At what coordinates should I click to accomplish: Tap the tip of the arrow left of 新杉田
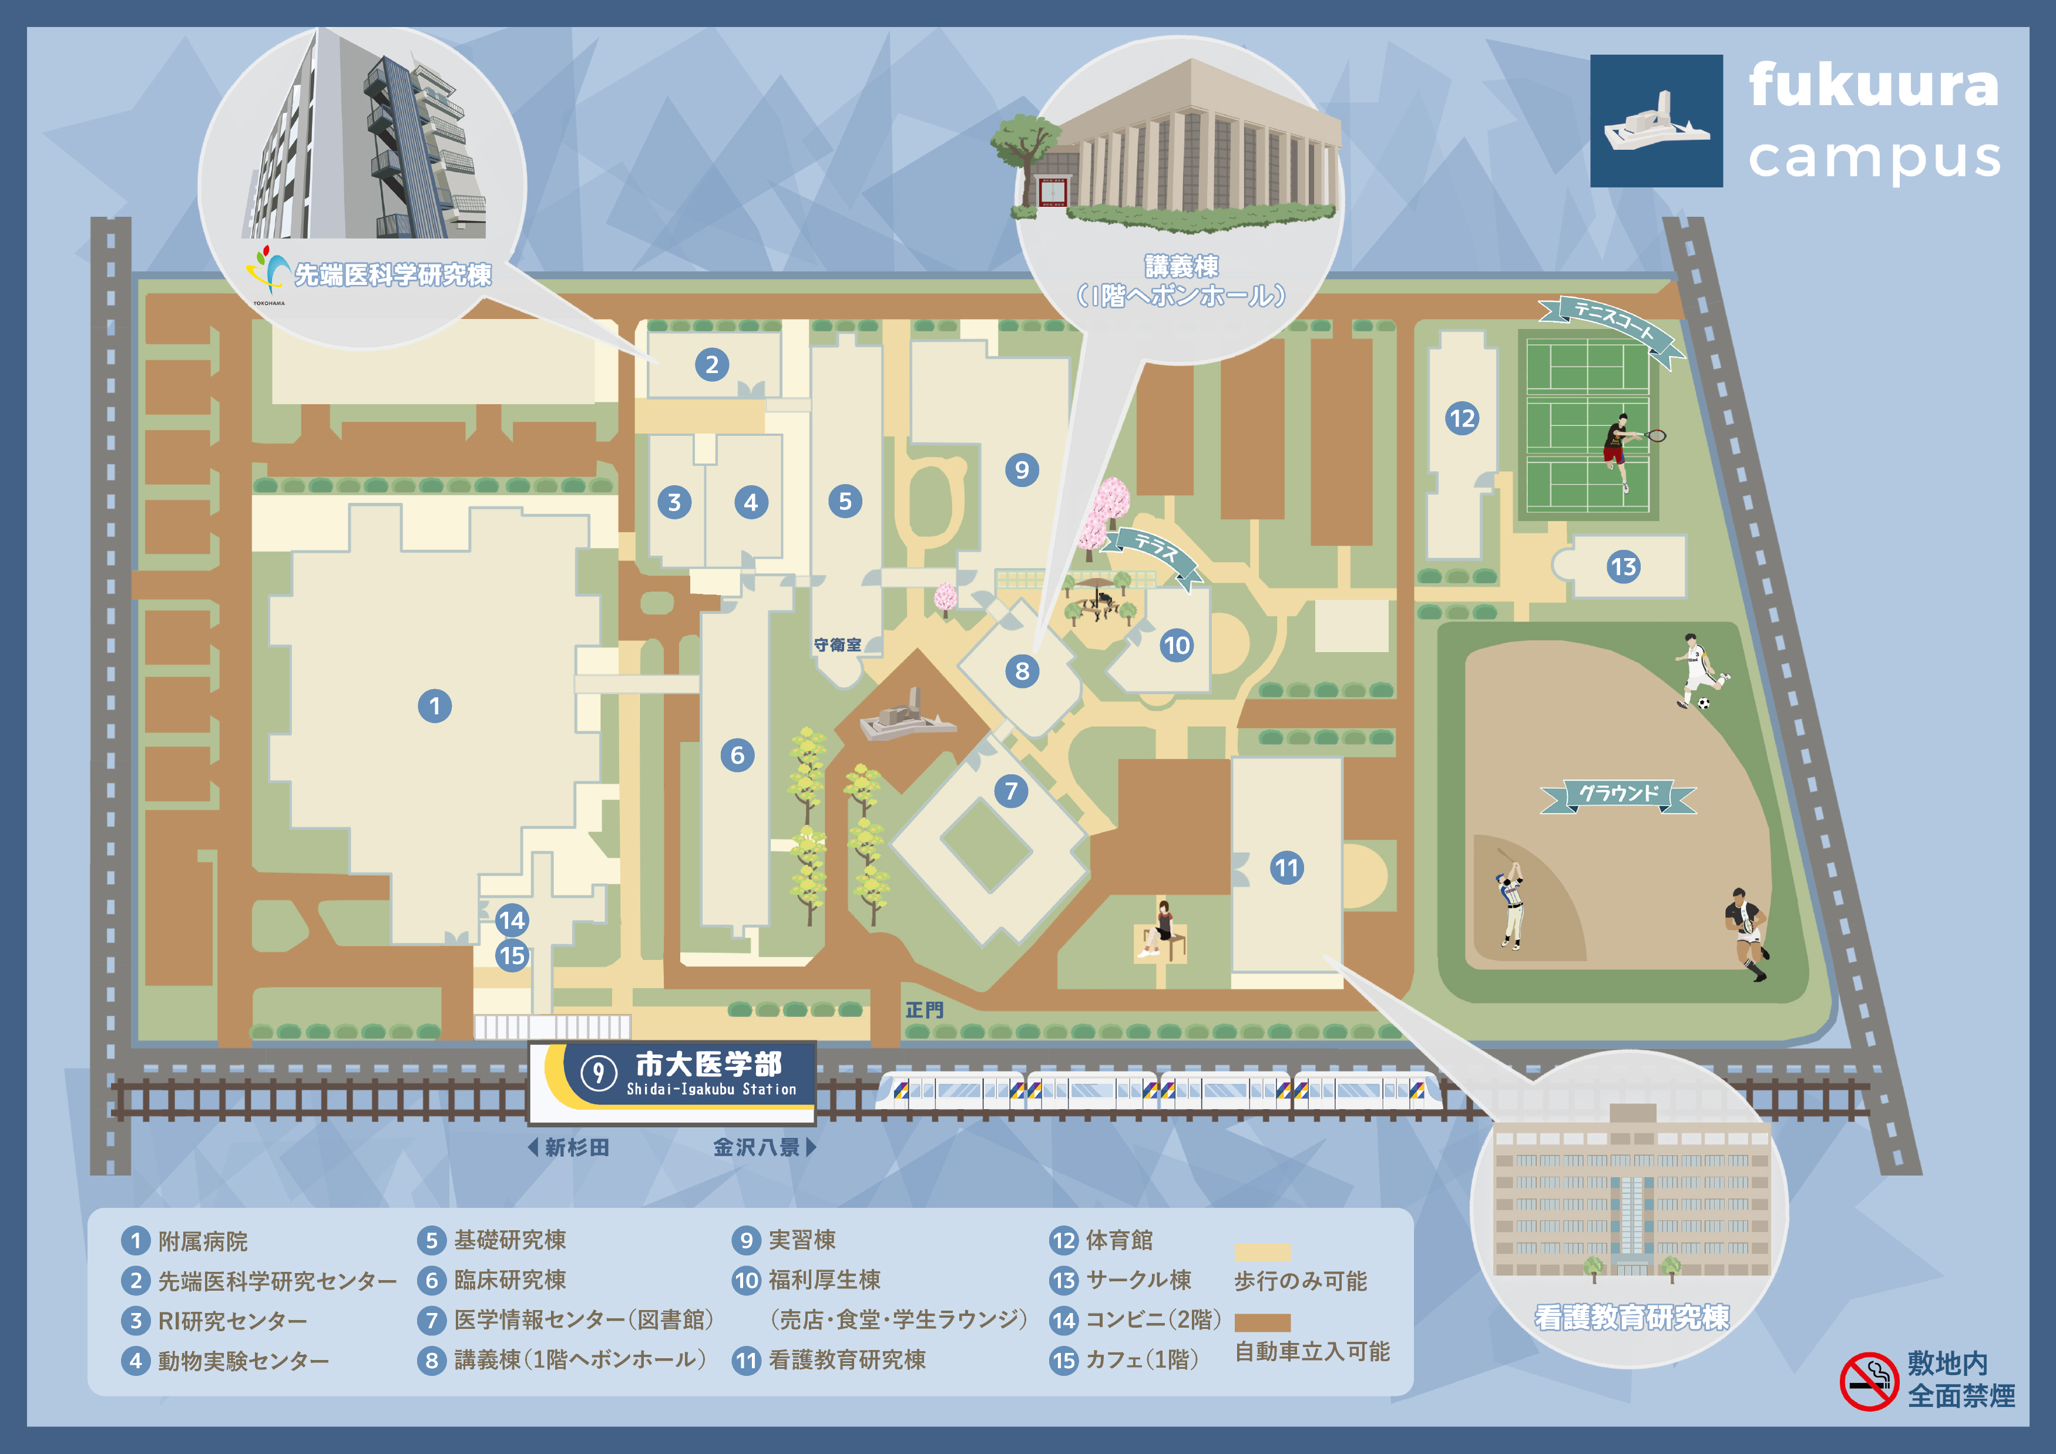click(529, 1147)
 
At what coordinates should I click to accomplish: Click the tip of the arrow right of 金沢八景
click(816, 1147)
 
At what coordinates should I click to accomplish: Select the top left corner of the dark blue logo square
click(1590, 55)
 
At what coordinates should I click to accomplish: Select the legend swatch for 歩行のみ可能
click(1262, 1252)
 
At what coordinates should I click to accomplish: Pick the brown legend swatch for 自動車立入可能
click(1262, 1322)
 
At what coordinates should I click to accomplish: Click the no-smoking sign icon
click(1869, 1382)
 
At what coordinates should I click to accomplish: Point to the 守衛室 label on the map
click(837, 644)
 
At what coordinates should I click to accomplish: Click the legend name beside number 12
click(1119, 1240)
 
